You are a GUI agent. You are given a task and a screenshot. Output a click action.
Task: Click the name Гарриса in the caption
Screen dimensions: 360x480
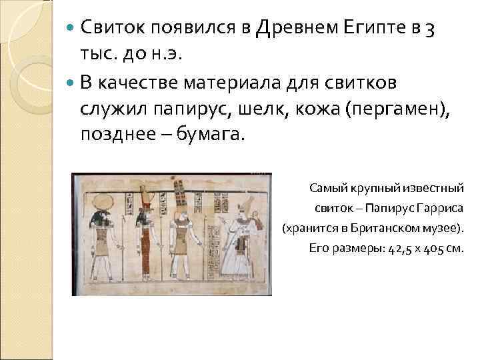click(x=441, y=208)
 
